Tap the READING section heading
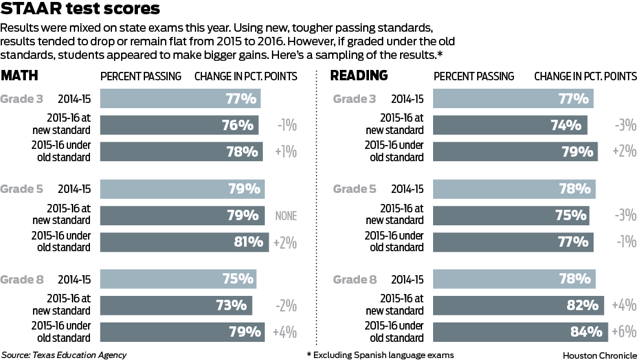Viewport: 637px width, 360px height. (359, 76)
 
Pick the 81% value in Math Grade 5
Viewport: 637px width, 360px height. (249, 242)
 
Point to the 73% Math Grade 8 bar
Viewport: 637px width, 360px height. (175, 305)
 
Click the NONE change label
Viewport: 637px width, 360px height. (285, 216)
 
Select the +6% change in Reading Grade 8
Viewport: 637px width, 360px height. (624, 332)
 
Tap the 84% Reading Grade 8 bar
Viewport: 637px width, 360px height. (520, 332)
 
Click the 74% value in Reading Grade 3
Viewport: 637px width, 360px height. (566, 126)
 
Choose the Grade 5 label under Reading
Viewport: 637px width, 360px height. (354, 189)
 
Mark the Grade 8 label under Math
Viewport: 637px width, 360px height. (22, 280)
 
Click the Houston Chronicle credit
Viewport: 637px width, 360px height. (598, 355)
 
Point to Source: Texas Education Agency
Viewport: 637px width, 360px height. (64, 355)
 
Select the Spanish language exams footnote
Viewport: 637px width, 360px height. (380, 355)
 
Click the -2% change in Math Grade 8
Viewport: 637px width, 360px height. (285, 306)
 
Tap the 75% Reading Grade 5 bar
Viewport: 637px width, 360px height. (511, 216)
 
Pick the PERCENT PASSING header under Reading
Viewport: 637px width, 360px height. (473, 76)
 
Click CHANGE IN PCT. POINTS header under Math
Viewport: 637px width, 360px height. (246, 76)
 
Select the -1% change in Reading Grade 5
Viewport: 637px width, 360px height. (624, 242)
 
